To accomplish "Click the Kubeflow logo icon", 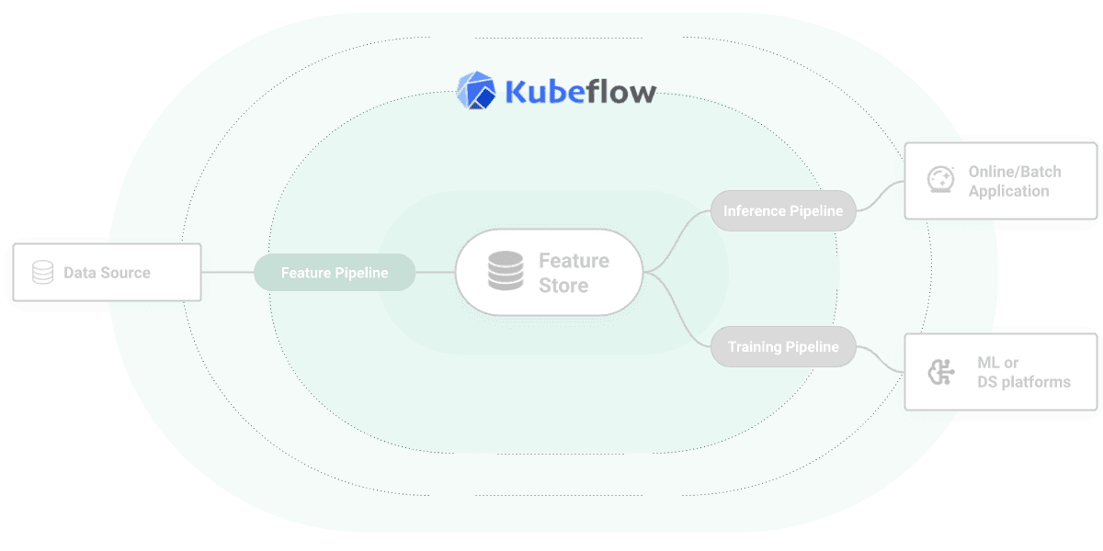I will point(476,90).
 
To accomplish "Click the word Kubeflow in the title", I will point(580,92).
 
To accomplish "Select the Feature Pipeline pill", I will point(335,273).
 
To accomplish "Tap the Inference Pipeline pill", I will point(783,211).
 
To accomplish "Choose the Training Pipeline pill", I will point(783,347).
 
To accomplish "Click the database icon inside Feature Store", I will point(505,272).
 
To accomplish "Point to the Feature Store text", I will point(574,273).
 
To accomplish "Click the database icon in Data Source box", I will point(42,273).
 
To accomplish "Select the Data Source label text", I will point(107,273).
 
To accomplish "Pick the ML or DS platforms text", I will point(1023,372).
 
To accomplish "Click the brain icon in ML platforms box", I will point(940,372).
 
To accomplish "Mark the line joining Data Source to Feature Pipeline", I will point(227,273).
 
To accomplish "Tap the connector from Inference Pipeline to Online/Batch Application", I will point(880,195).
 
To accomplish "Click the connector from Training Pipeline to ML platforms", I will point(880,360).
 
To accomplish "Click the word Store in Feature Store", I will point(563,286).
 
